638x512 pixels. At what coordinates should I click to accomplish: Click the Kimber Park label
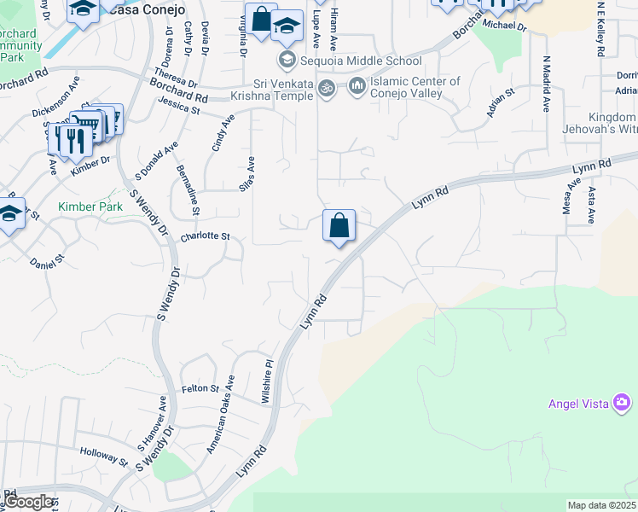pyautogui.click(x=90, y=207)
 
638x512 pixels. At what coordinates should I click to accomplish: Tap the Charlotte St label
pyautogui.click(x=206, y=236)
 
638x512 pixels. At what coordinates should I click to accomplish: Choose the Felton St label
pyautogui.click(x=200, y=388)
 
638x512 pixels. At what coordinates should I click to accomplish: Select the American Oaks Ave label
pyautogui.click(x=220, y=414)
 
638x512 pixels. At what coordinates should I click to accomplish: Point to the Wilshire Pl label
pyautogui.click(x=267, y=381)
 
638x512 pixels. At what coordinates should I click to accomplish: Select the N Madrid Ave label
pyautogui.click(x=546, y=85)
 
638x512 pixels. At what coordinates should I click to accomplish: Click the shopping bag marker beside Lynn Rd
pyautogui.click(x=339, y=226)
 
